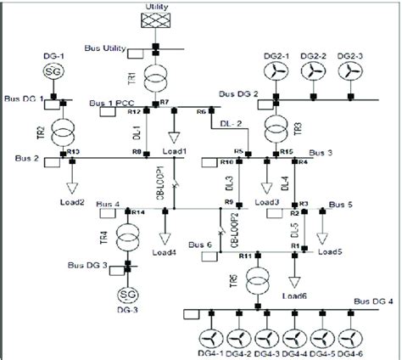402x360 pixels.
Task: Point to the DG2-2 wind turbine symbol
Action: click(311, 74)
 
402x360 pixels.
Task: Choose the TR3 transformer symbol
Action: click(275, 129)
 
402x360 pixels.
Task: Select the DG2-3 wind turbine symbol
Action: click(349, 74)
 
